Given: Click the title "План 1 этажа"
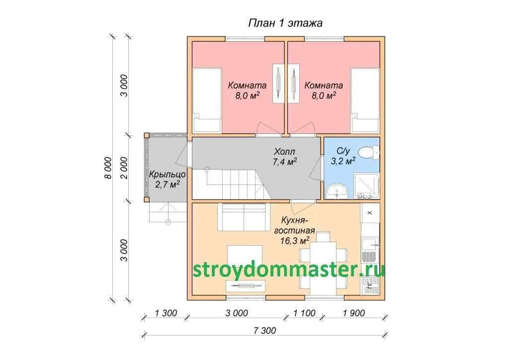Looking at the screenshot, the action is click(285, 23).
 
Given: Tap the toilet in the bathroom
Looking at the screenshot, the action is click(369, 152).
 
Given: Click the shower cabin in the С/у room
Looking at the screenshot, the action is click(366, 186).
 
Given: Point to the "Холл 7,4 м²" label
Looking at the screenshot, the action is click(285, 157).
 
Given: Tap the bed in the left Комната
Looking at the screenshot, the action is click(207, 100).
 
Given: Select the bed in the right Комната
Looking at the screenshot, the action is click(365, 100).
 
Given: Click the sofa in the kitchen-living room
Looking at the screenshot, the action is click(244, 216).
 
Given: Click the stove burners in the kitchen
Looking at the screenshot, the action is click(370, 285).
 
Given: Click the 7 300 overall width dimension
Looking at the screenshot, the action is click(265, 331).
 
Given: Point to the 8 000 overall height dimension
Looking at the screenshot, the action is click(108, 168).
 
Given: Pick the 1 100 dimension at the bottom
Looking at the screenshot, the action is click(304, 313).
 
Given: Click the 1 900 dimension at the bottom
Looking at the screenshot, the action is click(354, 313).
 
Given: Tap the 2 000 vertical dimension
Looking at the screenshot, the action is click(124, 168).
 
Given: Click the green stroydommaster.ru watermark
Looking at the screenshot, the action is click(289, 270).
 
